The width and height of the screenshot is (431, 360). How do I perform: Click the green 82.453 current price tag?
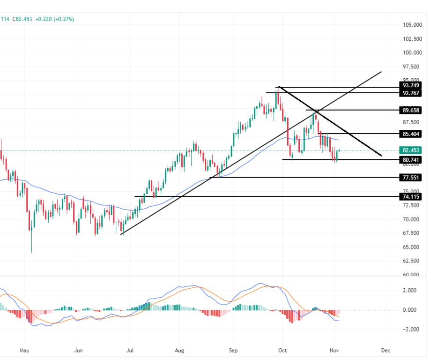point(410,150)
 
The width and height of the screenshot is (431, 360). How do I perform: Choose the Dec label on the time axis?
point(386,350)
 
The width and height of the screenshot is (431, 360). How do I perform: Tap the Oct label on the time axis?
point(282,350)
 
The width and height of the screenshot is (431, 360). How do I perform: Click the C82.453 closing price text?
point(22,19)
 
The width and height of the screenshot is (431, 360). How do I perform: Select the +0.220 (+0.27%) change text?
point(54,19)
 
